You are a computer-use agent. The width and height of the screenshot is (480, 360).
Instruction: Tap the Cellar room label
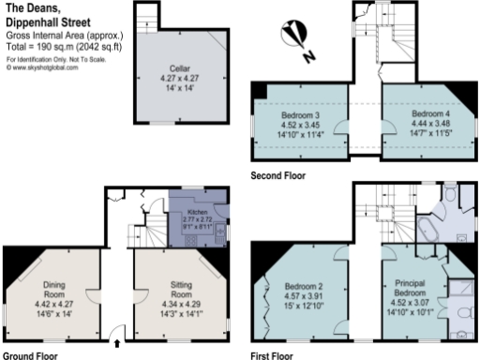tap(180, 68)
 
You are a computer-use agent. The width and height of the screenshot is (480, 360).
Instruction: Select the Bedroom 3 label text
tap(300, 115)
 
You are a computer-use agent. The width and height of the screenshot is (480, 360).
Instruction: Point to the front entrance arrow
tap(117, 343)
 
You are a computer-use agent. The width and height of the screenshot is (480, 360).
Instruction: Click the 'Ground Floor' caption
tap(30, 355)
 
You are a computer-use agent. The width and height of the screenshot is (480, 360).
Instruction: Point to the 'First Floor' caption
tap(273, 355)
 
